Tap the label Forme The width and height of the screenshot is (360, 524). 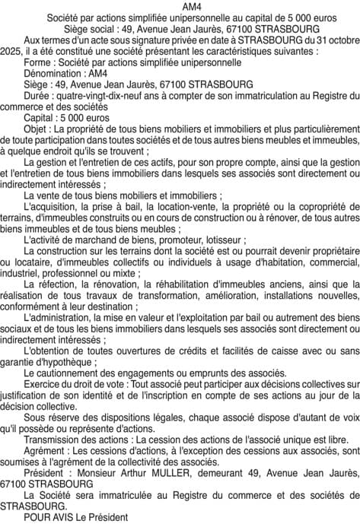pos(38,62)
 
